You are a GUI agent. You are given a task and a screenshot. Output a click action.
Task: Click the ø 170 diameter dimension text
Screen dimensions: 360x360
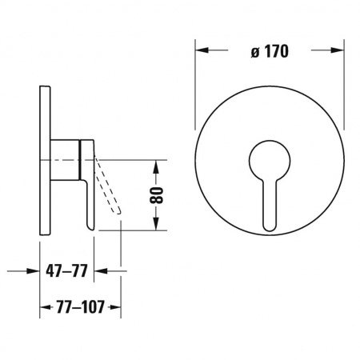(x=270, y=51)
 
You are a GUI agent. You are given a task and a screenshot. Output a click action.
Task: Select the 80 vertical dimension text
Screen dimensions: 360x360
(x=156, y=195)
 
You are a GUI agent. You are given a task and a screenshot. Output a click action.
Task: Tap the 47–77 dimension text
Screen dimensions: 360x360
(x=66, y=271)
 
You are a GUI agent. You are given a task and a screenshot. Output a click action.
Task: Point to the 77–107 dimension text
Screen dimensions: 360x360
(x=80, y=307)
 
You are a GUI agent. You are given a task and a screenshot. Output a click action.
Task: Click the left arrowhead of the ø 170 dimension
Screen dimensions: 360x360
(x=202, y=50)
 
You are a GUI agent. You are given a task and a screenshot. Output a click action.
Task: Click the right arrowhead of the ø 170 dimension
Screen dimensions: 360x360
(x=338, y=50)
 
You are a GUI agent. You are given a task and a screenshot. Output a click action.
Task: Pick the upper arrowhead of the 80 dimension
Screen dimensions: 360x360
(x=156, y=166)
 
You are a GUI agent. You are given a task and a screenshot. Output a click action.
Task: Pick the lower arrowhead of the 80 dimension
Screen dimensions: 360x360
(x=156, y=223)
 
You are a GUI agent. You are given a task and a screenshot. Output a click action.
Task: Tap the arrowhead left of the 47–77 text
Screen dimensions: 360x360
(x=33, y=271)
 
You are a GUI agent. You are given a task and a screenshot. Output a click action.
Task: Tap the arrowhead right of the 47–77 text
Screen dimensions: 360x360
(x=101, y=271)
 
